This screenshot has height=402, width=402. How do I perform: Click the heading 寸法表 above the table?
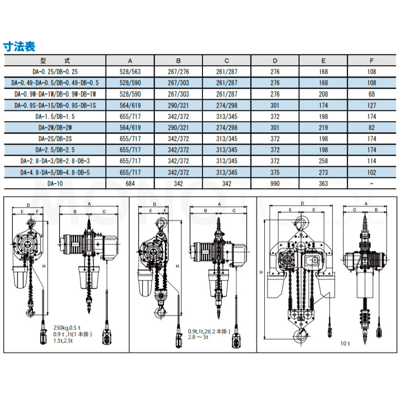[19, 46]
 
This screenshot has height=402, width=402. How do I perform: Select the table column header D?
[275, 61]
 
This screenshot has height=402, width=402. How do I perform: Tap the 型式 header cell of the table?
[55, 61]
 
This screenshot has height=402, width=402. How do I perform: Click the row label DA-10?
[55, 183]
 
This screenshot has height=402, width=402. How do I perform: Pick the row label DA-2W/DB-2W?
[55, 128]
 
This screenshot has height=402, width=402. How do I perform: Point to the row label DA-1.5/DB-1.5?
[55, 116]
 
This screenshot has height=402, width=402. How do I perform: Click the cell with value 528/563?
[130, 72]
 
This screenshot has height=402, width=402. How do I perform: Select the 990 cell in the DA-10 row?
[275, 183]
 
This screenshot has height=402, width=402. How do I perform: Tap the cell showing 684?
[130, 183]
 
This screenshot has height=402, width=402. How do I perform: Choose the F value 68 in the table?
[372, 94]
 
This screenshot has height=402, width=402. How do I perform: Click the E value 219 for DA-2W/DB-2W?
[323, 128]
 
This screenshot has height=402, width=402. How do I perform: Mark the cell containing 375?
[275, 172]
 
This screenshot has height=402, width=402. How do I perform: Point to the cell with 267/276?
[178, 72]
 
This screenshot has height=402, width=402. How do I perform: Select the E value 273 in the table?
[323, 172]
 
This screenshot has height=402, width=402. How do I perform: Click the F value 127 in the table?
[372, 105]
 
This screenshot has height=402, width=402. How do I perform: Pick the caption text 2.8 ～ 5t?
[198, 337]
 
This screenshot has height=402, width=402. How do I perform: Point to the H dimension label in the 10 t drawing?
[261, 273]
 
